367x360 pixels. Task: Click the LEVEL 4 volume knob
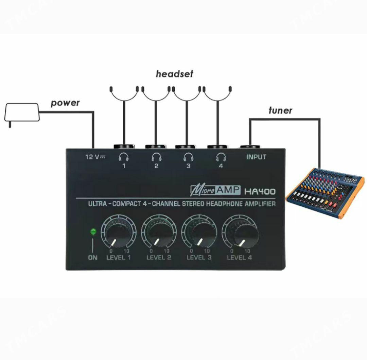pos(240,234)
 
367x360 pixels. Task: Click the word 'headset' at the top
pos(174,74)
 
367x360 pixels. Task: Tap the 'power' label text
pos(65,103)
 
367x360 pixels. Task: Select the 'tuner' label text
pos(280,110)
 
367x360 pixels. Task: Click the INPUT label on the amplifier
pos(256,157)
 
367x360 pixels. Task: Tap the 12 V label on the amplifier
pos(95,157)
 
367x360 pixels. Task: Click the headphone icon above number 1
pos(124,157)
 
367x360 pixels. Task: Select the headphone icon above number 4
pos(221,157)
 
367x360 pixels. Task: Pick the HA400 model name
pos(260,192)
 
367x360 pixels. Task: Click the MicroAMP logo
pos(215,190)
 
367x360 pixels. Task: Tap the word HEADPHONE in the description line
pos(224,204)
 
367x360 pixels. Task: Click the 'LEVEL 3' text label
pos(199,257)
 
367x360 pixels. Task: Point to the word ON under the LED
pos(93,258)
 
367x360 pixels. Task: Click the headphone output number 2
pos(156,166)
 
